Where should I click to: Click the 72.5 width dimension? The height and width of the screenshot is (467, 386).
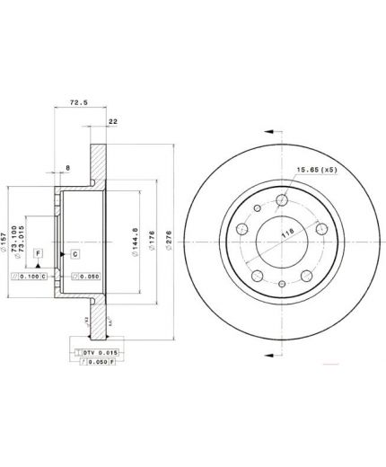79,103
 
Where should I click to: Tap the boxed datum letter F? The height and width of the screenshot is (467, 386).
39,254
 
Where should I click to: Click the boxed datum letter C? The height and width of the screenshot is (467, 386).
75,254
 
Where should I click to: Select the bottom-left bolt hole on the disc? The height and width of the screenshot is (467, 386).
257,276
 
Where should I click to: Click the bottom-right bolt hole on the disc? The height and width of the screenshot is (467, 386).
304,276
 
